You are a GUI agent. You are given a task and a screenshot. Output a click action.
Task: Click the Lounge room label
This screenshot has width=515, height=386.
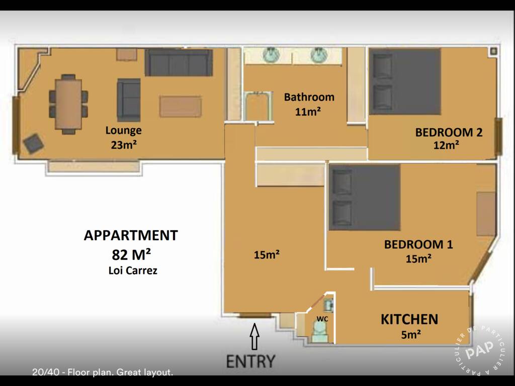tap(123, 131)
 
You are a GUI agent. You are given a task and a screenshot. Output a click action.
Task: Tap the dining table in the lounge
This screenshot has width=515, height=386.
tap(68, 104)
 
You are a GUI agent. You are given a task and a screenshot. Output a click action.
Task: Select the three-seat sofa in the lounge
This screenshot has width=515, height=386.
tap(179, 63)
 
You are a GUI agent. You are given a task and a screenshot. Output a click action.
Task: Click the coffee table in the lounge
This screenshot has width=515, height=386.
tap(181, 107)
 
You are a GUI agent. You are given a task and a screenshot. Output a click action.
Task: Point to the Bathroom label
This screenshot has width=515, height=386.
tap(309, 97)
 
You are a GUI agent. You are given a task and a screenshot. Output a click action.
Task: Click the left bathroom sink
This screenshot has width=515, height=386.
tap(272, 55)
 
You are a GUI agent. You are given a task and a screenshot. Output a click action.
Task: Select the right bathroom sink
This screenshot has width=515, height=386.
tap(318, 55)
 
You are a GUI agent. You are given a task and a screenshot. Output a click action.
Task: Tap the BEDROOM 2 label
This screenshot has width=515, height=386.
tap(449, 133)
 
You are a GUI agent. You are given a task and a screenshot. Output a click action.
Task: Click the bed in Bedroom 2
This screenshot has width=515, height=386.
tap(405, 81)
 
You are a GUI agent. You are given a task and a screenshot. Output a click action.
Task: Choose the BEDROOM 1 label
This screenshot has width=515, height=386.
tap(418, 245)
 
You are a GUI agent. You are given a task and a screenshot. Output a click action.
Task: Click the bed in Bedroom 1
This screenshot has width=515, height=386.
tap(365, 197)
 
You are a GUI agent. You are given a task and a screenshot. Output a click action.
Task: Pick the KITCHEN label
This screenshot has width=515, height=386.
tap(409, 319)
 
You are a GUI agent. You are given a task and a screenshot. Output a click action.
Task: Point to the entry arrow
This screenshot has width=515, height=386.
tap(254, 337)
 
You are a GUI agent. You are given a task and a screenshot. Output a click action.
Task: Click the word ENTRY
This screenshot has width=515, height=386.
tap(250, 361)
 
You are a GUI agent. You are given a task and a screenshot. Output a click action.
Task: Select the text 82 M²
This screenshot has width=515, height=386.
tap(130, 253)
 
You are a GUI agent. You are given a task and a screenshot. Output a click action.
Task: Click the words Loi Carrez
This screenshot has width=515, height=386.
tap(133, 270)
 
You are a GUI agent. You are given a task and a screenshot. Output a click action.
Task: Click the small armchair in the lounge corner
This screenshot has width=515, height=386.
tap(33, 144)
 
